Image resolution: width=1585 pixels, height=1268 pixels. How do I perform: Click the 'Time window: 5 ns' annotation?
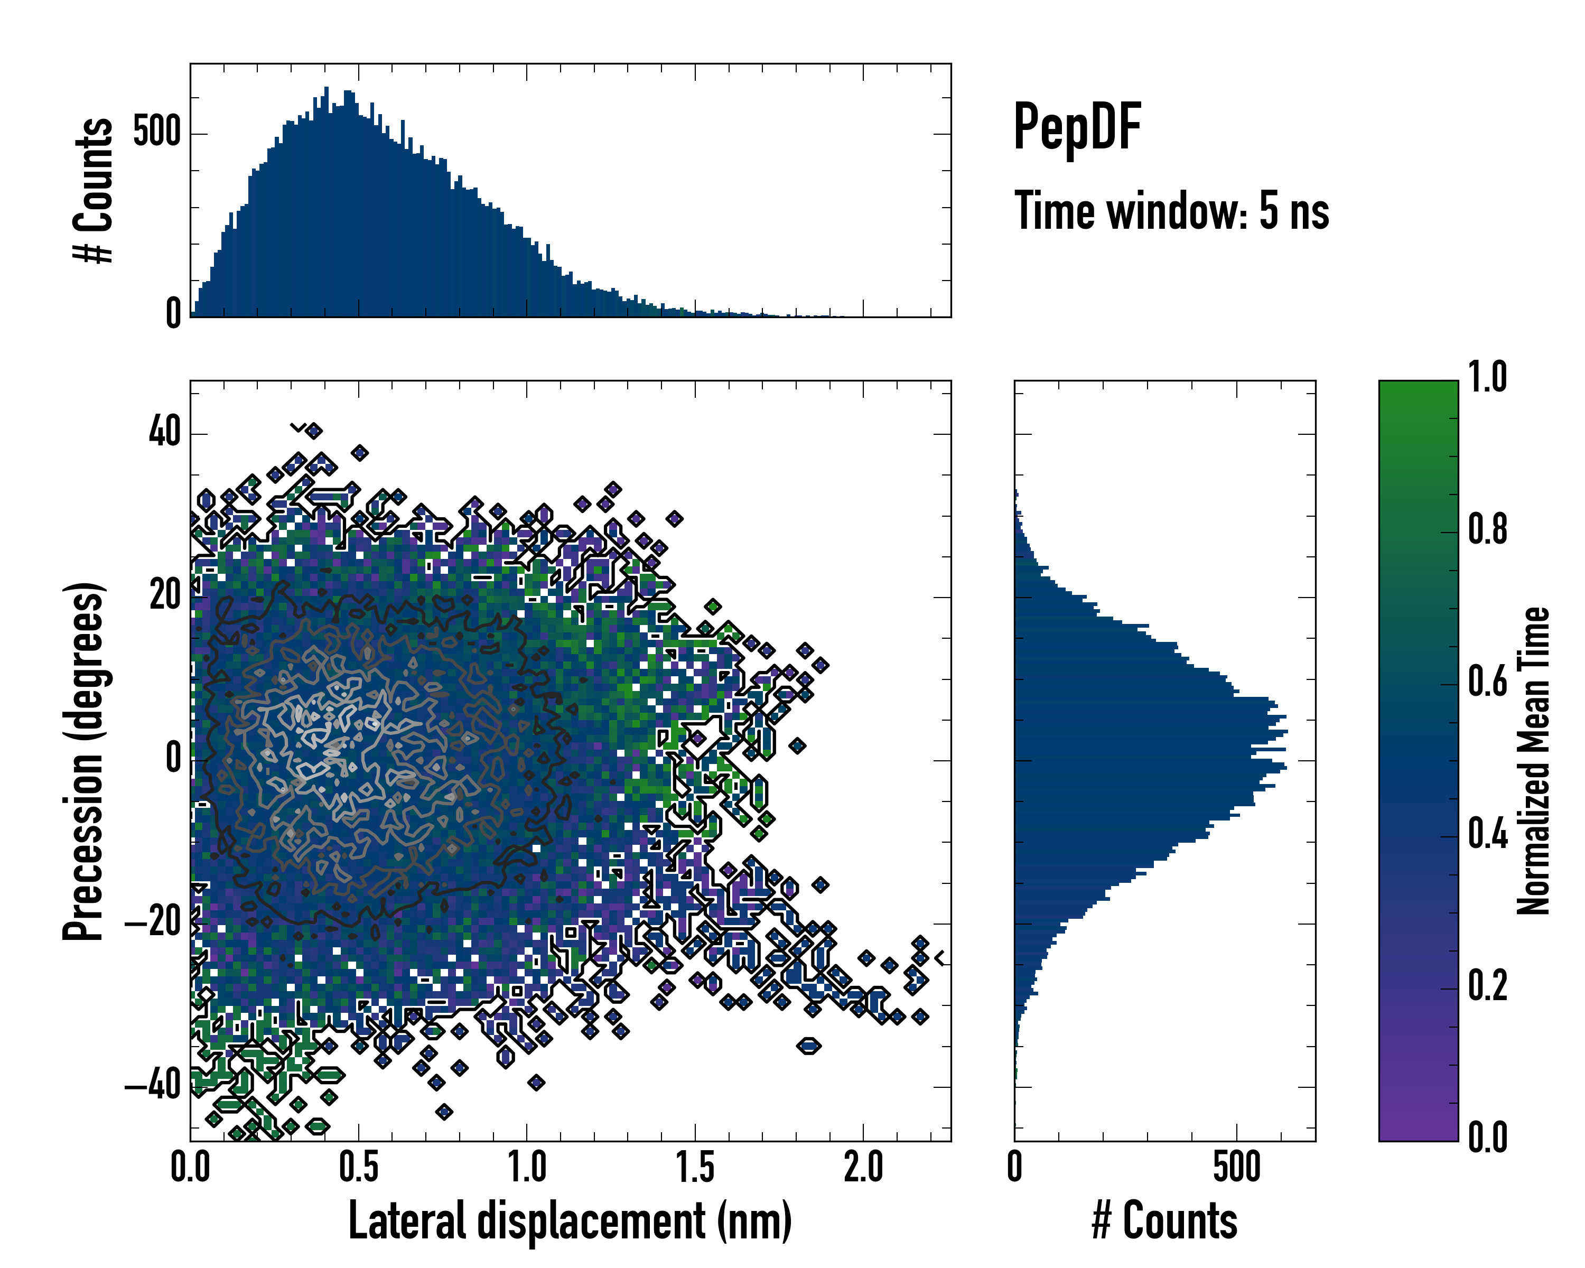[x=1172, y=211]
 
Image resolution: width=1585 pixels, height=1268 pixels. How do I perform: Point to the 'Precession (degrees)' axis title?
[x=83, y=761]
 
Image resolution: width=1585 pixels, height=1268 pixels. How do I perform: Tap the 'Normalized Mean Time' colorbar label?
[x=1534, y=761]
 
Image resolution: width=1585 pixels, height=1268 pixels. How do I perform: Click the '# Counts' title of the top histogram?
[x=94, y=190]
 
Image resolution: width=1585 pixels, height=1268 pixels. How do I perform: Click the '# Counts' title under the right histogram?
[x=1164, y=1221]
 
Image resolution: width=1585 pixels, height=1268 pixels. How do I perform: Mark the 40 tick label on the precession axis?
[x=165, y=432]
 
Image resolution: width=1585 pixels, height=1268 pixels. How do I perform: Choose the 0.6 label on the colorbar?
[x=1487, y=682]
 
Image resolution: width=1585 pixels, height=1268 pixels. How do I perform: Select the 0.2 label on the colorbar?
[x=1487, y=986]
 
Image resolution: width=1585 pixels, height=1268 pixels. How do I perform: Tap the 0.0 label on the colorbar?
[x=1487, y=1139]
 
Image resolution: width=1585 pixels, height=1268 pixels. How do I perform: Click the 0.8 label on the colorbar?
[x=1487, y=530]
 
